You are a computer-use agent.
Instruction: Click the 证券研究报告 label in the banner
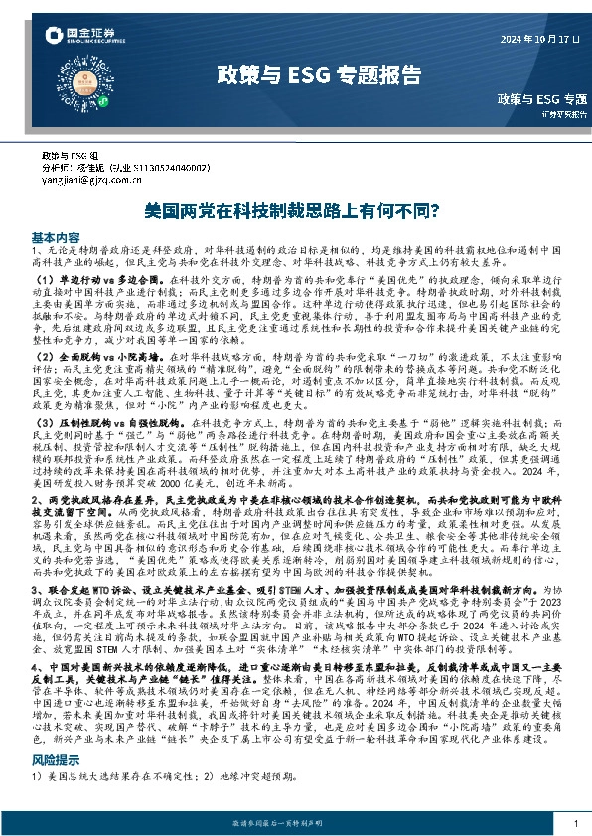click(x=561, y=114)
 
